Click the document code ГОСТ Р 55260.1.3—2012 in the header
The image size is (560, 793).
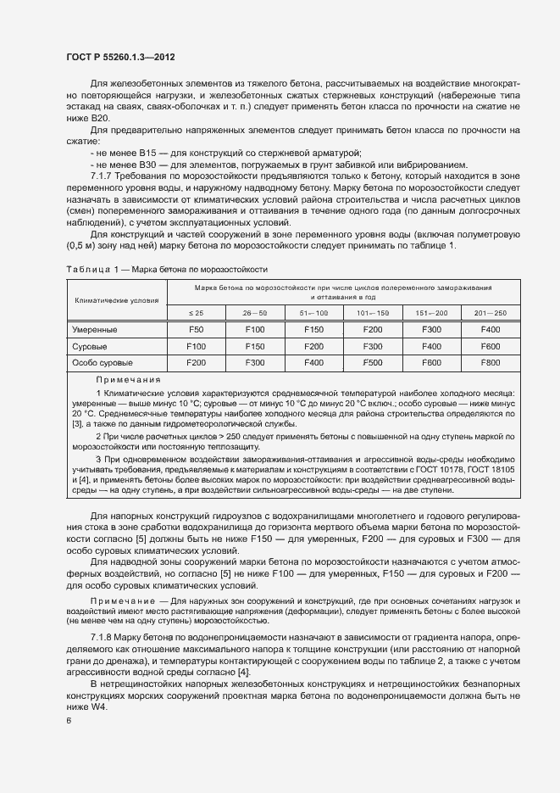[120, 56]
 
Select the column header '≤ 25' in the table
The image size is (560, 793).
[196, 313]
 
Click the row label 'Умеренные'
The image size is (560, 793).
[95, 329]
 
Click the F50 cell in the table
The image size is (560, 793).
[196, 329]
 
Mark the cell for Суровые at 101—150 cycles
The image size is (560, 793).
[372, 346]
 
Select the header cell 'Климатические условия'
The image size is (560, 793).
[117, 300]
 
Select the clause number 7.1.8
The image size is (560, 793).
[103, 636]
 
